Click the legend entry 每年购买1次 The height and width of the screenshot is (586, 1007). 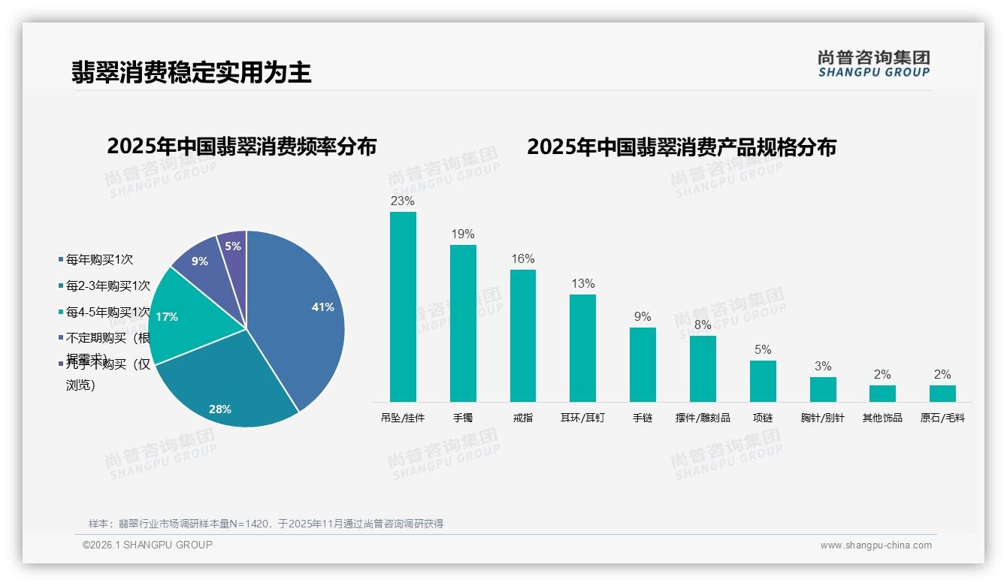99,260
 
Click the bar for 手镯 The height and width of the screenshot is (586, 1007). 463,323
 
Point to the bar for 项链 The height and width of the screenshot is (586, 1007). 763,381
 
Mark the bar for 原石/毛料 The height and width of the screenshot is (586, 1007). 942,394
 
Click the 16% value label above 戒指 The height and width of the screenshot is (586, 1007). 523,259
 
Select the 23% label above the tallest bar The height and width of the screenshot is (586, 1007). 403,201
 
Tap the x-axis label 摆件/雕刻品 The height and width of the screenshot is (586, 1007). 703,418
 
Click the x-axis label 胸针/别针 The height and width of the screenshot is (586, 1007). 823,418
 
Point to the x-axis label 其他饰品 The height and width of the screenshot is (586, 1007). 882,418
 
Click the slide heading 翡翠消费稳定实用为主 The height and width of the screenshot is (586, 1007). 191,73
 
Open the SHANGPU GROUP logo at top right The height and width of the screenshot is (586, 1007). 874,64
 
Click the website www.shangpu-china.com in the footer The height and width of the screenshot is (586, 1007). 875,545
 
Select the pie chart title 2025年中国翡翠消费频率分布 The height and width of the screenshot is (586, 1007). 241,146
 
